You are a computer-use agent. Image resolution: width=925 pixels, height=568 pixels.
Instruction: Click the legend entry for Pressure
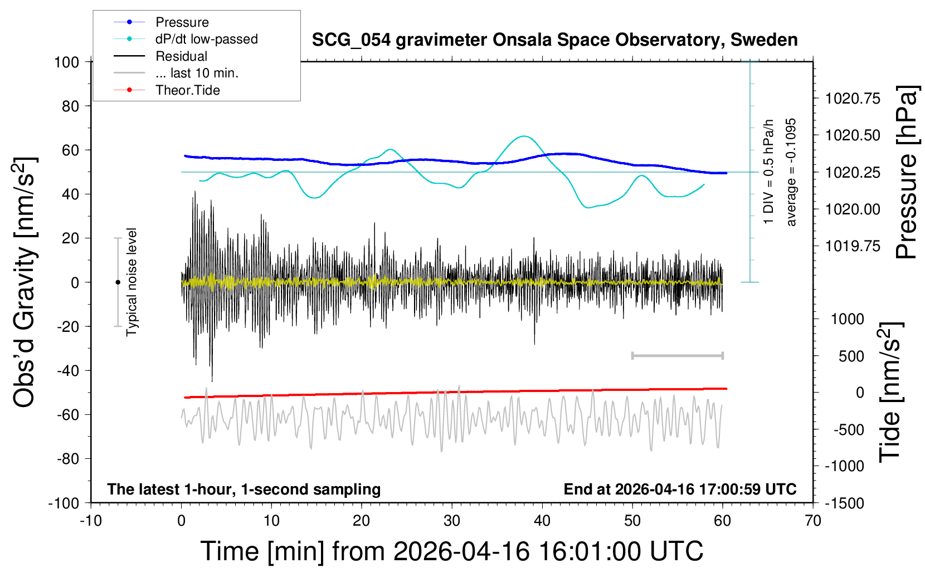(182, 22)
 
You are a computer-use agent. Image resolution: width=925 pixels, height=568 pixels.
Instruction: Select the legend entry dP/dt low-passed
(206, 39)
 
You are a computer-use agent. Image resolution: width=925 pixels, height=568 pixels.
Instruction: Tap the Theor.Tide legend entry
(187, 90)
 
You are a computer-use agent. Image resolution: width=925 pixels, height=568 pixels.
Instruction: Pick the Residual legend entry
(181, 56)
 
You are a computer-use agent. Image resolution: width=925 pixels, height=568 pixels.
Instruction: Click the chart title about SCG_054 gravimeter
(554, 40)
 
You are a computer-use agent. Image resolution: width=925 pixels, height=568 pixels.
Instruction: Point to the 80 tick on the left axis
(70, 106)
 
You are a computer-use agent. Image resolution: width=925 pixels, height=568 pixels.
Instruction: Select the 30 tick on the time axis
(452, 521)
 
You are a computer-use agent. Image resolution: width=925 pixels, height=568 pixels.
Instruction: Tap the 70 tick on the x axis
(813, 521)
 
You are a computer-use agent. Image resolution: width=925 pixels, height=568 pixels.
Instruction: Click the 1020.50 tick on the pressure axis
(853, 135)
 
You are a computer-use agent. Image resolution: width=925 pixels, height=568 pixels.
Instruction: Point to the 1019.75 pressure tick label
(853, 246)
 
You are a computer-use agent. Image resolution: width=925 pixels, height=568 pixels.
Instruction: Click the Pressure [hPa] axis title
(907, 172)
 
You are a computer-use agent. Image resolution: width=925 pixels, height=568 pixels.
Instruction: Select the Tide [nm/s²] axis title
(890, 392)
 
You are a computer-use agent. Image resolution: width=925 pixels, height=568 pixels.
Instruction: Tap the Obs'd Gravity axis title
(25, 282)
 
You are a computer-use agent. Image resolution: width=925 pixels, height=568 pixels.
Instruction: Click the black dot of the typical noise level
(118, 282)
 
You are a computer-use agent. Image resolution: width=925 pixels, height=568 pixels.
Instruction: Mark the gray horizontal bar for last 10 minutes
(677, 355)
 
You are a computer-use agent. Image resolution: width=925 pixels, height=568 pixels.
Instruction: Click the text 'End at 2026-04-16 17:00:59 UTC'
(680, 489)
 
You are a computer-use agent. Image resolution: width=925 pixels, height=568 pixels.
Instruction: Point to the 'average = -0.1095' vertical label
(791, 172)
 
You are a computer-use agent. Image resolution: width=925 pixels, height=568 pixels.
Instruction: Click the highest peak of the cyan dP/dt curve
(523, 136)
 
